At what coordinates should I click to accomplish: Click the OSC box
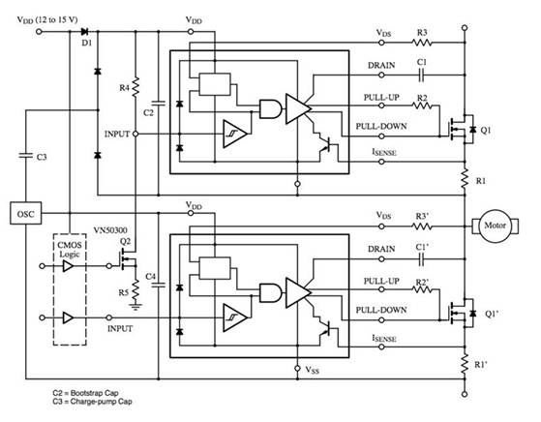[24, 210]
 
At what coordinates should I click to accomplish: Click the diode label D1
[88, 44]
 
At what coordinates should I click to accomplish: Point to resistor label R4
[123, 88]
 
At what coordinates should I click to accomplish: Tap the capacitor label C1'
[422, 250]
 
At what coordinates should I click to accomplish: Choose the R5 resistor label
[123, 291]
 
